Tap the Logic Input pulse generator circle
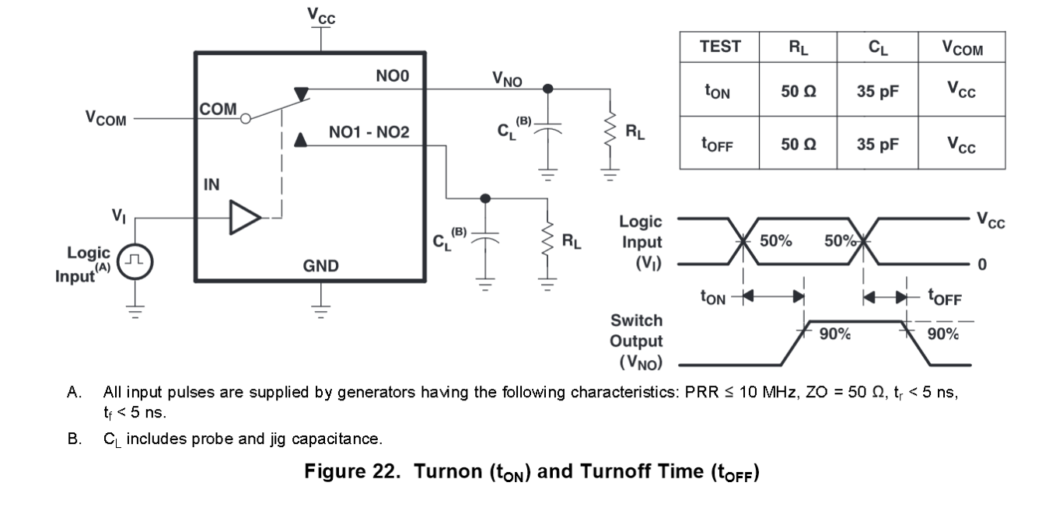pos(135,261)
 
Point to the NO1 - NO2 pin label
pos(369,133)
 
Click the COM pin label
pos(219,110)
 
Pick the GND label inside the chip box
pos(320,266)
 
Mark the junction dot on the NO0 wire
pos(547,88)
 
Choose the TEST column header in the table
pos(720,47)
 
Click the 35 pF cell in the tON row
pos(878,91)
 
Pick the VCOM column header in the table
pos(962,48)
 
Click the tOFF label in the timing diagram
pos(945,297)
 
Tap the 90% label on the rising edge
pos(835,334)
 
